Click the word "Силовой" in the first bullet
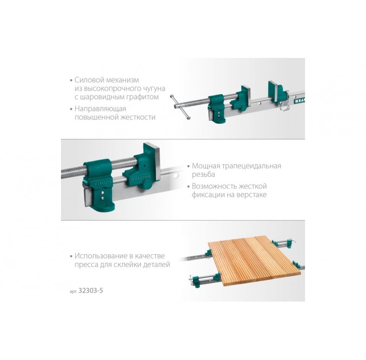89,80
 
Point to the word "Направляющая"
100,109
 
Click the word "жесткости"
138,117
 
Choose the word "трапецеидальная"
252,166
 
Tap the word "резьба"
203,174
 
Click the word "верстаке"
252,195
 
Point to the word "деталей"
156,265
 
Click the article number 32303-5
91,291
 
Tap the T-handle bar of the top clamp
180,107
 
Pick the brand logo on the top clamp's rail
300,100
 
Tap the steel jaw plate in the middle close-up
155,162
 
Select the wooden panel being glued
254,260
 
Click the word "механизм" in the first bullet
123,80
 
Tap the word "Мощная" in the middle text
206,166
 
